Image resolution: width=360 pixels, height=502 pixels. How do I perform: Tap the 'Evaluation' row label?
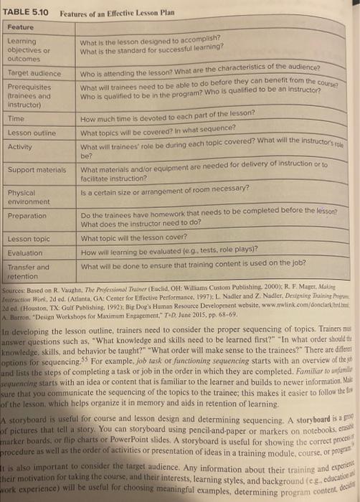[x=24, y=252]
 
